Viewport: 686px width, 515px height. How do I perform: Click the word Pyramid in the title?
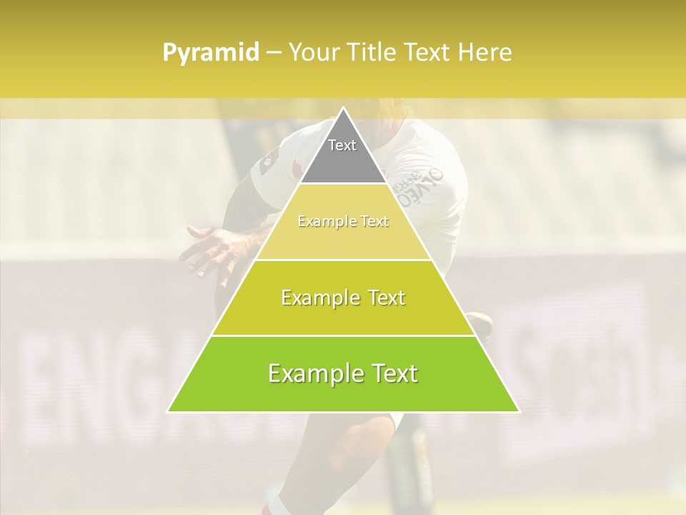pyautogui.click(x=211, y=53)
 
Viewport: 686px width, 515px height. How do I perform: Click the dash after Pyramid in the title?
pyautogui.click(x=272, y=53)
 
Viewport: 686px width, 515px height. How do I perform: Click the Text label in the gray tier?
pyautogui.click(x=342, y=145)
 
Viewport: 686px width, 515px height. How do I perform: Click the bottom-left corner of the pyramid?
pyautogui.click(x=168, y=411)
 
